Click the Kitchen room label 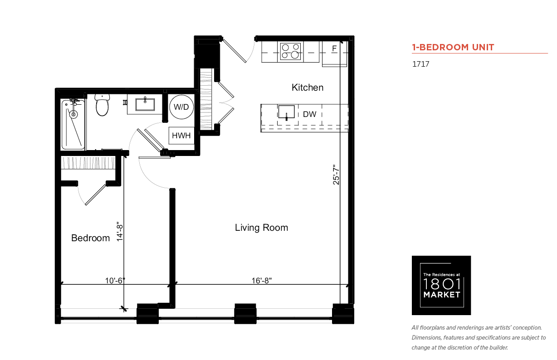[x=308, y=88]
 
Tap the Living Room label [x=261, y=228]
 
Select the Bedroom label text [x=91, y=238]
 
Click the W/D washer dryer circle [x=181, y=107]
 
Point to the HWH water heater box [x=181, y=136]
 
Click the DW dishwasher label [x=310, y=114]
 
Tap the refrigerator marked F [x=334, y=54]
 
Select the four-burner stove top [x=290, y=52]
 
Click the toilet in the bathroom [x=102, y=105]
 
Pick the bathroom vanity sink [x=145, y=105]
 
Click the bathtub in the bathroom [x=73, y=125]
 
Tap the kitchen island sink [x=286, y=112]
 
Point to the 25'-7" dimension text [x=336, y=175]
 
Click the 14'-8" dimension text [x=120, y=231]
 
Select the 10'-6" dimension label [x=115, y=281]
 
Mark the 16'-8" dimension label [x=262, y=281]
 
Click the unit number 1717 [x=421, y=64]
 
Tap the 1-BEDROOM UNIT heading [x=453, y=47]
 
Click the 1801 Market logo [x=441, y=285]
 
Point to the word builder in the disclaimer [x=499, y=348]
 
